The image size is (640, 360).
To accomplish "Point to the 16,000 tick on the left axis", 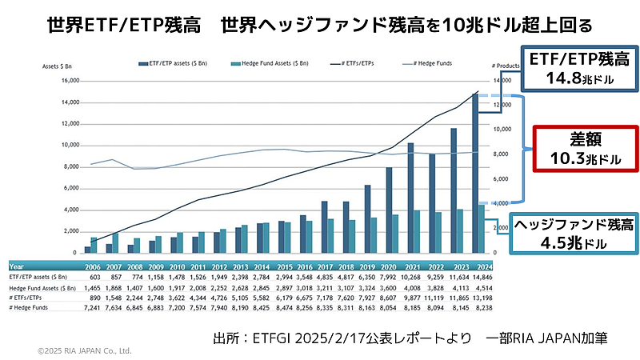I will click(69, 81).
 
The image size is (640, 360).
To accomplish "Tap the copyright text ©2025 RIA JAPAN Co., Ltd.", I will click(85, 350).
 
